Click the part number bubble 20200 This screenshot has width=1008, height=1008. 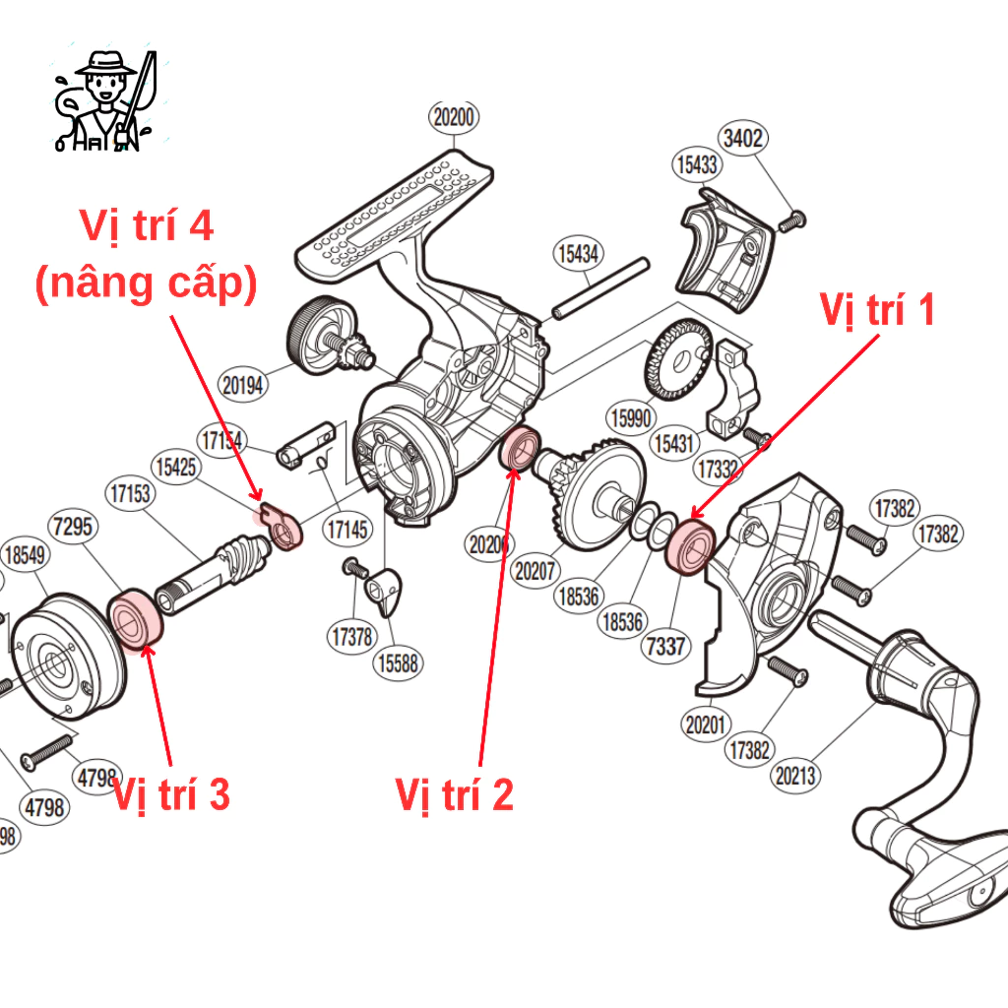(454, 118)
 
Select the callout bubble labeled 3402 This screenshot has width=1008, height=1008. (743, 138)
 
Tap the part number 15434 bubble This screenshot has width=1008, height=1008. (578, 253)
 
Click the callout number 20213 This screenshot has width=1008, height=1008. (795, 776)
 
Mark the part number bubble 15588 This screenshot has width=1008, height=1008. (398, 663)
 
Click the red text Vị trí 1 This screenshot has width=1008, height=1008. (876, 310)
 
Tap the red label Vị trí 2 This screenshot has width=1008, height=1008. (454, 794)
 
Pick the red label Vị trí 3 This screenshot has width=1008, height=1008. (171, 794)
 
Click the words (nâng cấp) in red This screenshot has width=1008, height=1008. (146, 283)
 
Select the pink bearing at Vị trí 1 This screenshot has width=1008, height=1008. (690, 546)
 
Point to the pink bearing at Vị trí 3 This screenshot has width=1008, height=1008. (135, 619)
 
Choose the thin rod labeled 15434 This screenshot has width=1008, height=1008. (599, 287)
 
